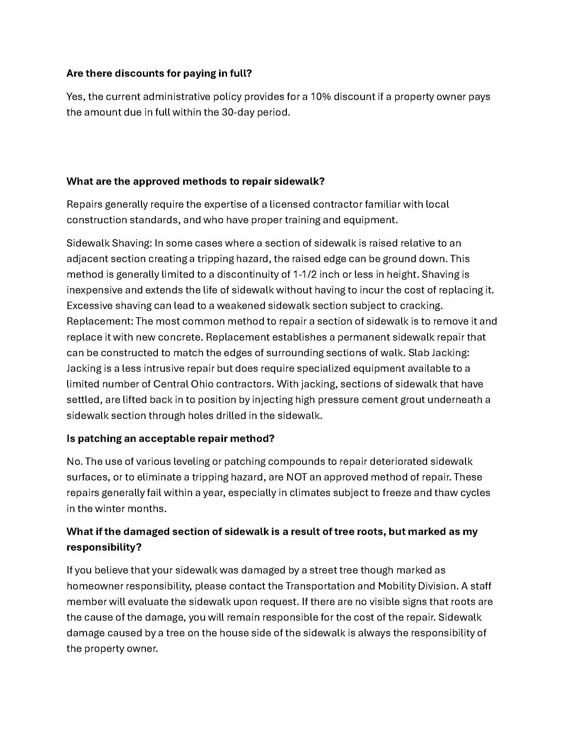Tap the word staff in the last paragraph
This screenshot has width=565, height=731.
[x=481, y=586]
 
